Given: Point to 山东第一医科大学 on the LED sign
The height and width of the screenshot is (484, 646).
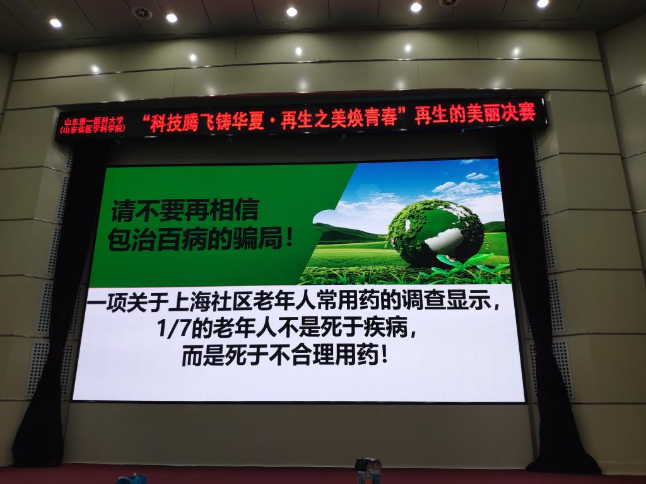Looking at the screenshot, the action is [93, 122].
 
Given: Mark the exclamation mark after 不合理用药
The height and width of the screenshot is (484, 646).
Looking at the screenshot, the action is [384, 355].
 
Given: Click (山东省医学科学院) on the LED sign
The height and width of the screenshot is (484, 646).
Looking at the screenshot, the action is [93, 129].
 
